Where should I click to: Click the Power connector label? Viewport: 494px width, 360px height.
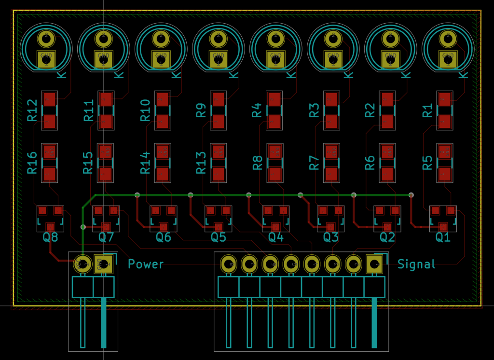click(x=146, y=264)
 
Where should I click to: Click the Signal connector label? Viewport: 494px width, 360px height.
click(x=416, y=264)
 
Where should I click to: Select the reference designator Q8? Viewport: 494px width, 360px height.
click(x=50, y=237)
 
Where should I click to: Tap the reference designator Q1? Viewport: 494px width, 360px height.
click(x=443, y=237)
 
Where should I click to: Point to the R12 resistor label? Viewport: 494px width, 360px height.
click(x=32, y=110)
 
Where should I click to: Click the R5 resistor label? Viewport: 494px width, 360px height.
click(x=427, y=163)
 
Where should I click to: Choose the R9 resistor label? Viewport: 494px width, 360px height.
click(x=201, y=110)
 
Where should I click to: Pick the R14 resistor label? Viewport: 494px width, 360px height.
click(x=145, y=163)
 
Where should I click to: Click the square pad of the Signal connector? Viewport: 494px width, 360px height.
click(x=374, y=263)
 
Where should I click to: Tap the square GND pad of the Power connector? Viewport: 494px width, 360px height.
click(x=103, y=263)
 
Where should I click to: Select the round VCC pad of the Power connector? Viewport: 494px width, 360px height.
click(x=83, y=263)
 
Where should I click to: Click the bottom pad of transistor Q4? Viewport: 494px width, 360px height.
click(x=276, y=227)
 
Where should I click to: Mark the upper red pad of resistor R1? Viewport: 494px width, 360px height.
click(x=444, y=99)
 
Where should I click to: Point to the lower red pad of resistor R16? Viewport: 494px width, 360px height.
click(x=50, y=174)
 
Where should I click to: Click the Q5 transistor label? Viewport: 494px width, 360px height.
click(x=218, y=237)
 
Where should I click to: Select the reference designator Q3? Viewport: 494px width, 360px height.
click(x=330, y=237)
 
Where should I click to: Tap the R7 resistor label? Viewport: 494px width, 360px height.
click(x=314, y=163)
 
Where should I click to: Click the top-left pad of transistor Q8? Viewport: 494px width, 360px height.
click(x=42, y=210)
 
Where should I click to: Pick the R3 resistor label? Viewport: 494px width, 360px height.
click(x=314, y=110)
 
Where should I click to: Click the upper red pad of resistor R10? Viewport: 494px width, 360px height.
click(x=163, y=99)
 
